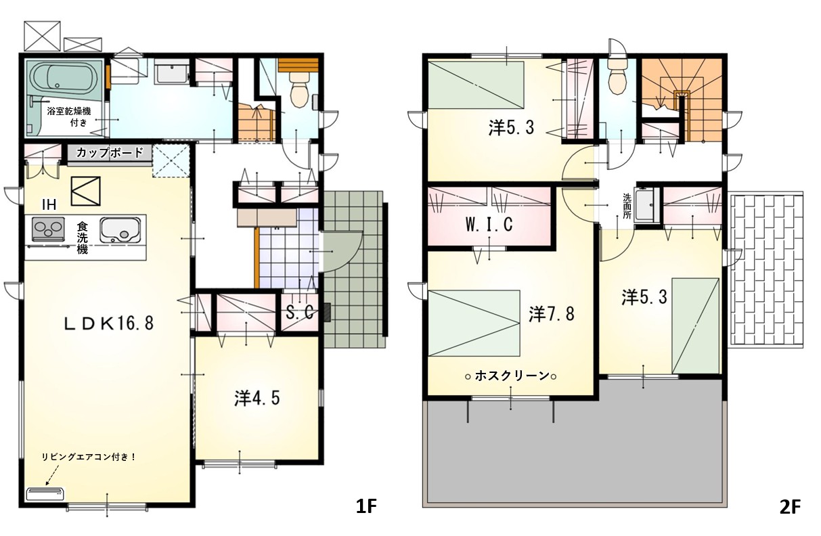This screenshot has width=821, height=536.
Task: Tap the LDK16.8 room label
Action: click(x=109, y=323)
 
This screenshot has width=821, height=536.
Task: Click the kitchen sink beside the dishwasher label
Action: click(x=120, y=229)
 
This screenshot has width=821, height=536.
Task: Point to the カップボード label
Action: click(x=109, y=153)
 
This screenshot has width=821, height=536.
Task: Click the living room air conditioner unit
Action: click(x=45, y=493)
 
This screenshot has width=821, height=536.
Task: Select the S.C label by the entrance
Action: click(x=299, y=313)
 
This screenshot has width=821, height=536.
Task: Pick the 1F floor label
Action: click(x=367, y=507)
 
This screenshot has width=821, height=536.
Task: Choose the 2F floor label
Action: click(x=790, y=507)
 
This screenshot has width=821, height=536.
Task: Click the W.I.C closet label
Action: click(x=489, y=224)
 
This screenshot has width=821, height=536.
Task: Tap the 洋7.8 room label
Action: click(x=552, y=314)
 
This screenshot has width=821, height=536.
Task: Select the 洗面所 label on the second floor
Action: click(x=627, y=206)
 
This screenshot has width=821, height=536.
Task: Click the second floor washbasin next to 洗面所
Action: click(x=647, y=204)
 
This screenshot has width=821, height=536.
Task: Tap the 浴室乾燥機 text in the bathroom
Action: click(x=69, y=112)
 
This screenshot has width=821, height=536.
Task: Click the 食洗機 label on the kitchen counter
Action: click(x=82, y=238)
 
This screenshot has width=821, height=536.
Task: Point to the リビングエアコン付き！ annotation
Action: click(x=89, y=457)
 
